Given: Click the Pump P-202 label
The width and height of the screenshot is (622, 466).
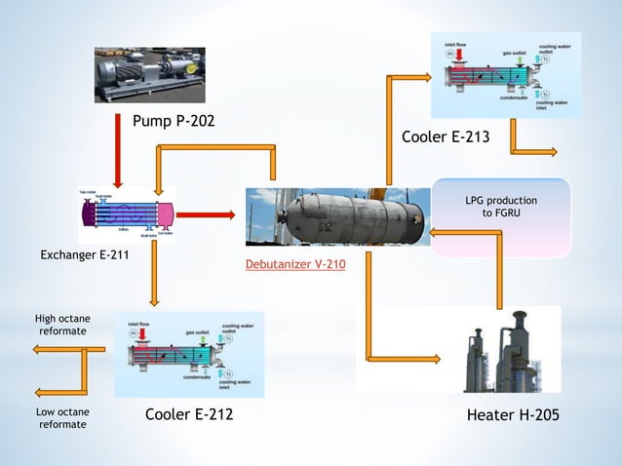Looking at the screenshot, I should point(173,122).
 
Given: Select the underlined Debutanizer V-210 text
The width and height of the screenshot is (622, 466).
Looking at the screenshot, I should point(295,264).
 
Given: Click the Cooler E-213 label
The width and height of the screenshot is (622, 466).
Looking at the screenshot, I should point(446,137).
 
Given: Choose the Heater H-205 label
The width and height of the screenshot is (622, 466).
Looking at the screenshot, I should point(513,415).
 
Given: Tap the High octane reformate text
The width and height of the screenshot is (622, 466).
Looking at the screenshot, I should point(60,324).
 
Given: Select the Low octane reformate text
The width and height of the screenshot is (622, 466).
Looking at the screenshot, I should point(62,417).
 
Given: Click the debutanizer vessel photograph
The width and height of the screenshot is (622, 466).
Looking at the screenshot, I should point(337,215).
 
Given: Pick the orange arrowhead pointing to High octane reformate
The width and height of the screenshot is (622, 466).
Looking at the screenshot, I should point(40,349).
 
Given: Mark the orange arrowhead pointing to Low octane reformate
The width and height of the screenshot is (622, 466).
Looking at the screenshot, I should point(40,392).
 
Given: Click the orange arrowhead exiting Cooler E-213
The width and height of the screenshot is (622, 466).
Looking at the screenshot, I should point(551,152).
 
